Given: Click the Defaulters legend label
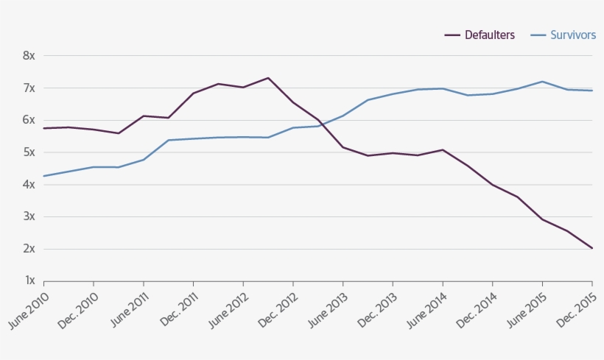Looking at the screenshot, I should [489, 35].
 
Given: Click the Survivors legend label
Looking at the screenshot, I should [573, 35].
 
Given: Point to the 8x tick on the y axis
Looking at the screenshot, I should [29, 56].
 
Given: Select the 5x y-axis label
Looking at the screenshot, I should [29, 152].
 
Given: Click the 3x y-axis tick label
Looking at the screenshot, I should [29, 217].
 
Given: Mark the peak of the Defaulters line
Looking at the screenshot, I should [268, 78].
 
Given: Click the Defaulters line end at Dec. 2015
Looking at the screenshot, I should [592, 248].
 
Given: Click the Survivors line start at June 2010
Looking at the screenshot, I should [44, 176].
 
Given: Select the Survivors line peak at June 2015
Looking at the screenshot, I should [542, 82].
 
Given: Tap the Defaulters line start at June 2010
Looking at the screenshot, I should [44, 128].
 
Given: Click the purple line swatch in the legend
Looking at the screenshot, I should [452, 35].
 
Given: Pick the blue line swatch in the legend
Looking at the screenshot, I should [538, 35].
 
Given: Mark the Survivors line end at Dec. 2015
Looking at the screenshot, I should [592, 91].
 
